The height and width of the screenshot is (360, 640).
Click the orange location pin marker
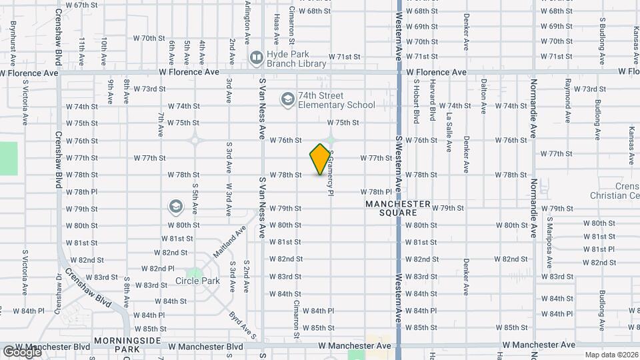[x=320, y=159]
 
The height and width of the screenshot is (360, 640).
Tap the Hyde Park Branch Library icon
[x=256, y=59]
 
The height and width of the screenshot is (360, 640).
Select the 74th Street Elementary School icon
[x=287, y=99]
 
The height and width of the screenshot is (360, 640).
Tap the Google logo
[x=21, y=352]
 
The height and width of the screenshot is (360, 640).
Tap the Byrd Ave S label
[x=242, y=325]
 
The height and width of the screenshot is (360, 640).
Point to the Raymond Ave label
[x=568, y=100]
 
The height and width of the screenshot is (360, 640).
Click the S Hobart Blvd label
[x=416, y=102]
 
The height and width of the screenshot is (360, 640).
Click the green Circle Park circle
[x=195, y=273]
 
